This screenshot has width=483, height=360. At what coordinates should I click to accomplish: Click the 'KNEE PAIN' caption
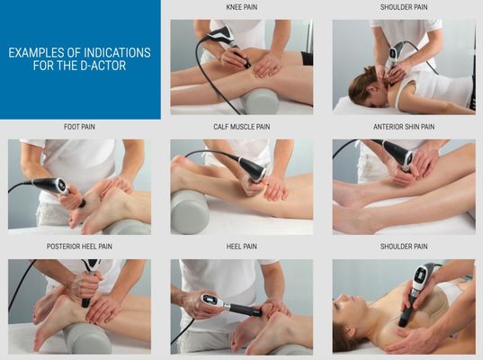[241, 7]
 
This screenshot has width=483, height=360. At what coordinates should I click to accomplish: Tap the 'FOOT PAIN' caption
[79, 127]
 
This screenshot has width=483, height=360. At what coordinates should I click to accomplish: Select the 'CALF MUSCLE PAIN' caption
[241, 127]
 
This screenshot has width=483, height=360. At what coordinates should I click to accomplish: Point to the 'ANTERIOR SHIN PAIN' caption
[404, 127]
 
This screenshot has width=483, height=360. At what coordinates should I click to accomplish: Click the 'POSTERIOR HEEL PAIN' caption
[79, 247]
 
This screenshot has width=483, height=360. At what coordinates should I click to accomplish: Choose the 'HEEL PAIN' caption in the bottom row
[241, 247]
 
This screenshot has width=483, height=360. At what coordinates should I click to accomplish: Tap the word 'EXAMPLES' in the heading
[36, 53]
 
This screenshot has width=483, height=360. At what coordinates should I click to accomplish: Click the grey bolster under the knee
[261, 101]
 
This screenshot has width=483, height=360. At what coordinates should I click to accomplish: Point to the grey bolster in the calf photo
[190, 212]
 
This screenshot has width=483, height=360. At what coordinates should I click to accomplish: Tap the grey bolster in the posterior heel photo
[87, 338]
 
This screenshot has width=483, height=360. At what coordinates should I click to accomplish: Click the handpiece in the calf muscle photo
[253, 169]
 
